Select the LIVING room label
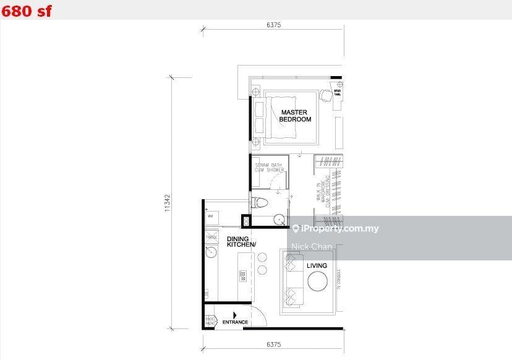[x=317, y=266]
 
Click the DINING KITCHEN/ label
[x=241, y=242]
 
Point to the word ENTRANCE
[x=235, y=322]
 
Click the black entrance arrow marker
[x=217, y=315]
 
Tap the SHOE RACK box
[x=209, y=321]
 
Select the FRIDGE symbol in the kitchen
[x=211, y=237]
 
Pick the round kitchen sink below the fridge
[x=210, y=252]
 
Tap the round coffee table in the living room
[x=320, y=282]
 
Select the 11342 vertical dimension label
[x=167, y=202]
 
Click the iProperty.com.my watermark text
[x=340, y=229]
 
